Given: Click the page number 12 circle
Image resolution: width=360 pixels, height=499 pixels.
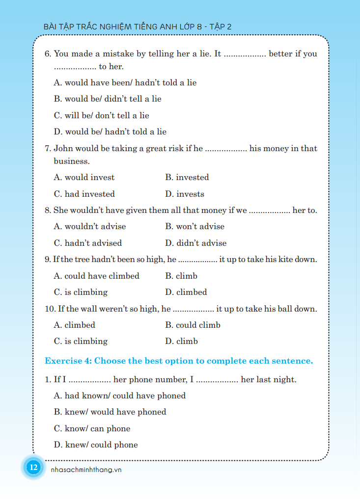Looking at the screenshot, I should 33,467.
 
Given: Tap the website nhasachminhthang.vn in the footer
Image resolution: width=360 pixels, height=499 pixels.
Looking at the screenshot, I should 86,470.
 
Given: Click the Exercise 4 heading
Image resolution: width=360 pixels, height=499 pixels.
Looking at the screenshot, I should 179,361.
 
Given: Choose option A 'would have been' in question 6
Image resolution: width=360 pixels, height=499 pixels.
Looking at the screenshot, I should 125,82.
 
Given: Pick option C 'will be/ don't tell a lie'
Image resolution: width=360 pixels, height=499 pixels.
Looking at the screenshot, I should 102,115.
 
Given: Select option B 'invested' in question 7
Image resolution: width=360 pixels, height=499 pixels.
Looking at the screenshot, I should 187,177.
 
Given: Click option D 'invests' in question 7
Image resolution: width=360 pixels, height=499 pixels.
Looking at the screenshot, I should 185,194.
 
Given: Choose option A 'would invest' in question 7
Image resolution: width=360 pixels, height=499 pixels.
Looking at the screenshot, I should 84,177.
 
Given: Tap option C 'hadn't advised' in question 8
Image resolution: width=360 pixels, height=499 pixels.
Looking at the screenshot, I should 88,243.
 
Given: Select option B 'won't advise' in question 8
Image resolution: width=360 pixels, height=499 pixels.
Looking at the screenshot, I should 195,226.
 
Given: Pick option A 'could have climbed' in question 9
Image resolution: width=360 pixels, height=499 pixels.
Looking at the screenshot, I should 97,276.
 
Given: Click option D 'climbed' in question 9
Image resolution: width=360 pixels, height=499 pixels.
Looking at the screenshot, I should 186,292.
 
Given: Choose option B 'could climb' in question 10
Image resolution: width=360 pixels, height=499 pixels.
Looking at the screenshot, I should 193,325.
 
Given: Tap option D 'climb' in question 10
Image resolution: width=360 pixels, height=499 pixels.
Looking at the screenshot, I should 182,341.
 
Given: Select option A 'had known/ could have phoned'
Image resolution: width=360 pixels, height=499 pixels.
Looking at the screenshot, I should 120,395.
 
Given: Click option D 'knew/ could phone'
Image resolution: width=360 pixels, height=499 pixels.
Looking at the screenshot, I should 96,445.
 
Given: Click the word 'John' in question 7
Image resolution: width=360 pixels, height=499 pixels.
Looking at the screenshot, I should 63,148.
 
